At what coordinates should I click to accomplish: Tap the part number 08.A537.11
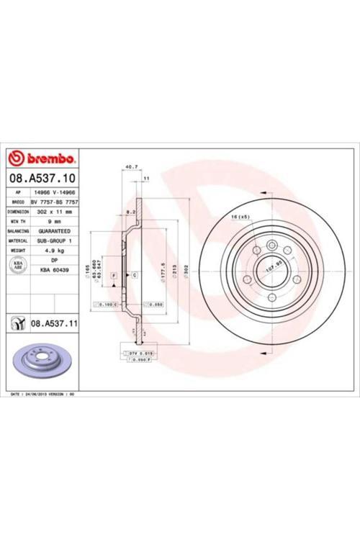pos(55,324)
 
